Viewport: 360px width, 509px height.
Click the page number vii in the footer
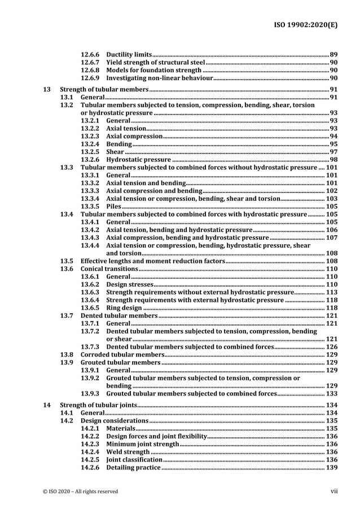pyautogui.click(x=333, y=491)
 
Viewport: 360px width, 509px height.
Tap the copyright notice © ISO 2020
pyautogui.click(x=80, y=492)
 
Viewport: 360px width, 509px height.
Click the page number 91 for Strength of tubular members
pyautogui.click(x=333, y=90)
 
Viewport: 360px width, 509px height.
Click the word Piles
pyautogui.click(x=114, y=207)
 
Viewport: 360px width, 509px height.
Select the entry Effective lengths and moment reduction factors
pyautogui.click(x=153, y=261)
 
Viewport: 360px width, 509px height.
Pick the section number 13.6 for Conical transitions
pyautogui.click(x=67, y=269)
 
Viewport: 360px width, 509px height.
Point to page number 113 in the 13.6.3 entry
pyautogui.click(x=332, y=292)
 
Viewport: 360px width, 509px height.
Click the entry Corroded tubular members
pyautogui.click(x=121, y=354)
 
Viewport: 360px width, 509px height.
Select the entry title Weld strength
pyautogui.click(x=128, y=452)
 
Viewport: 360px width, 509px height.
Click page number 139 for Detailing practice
pyautogui.click(x=332, y=468)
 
